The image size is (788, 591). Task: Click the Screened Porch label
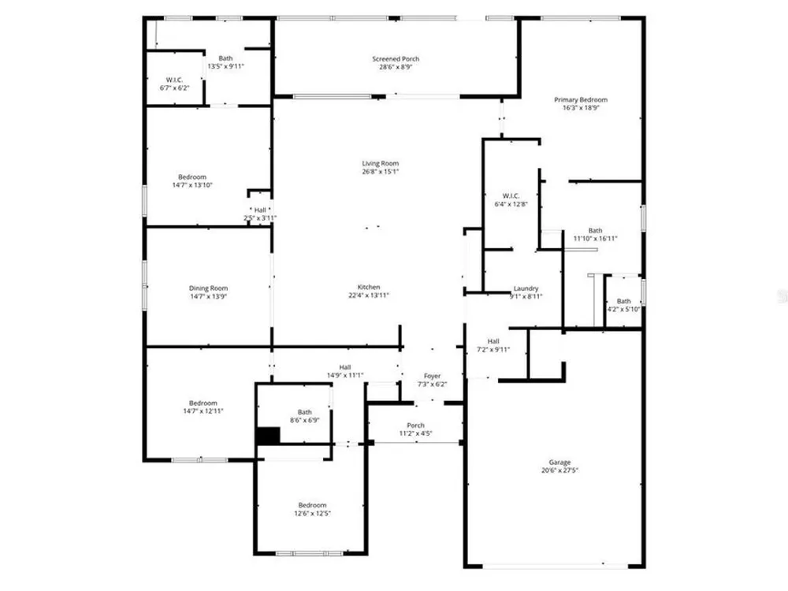point(396,59)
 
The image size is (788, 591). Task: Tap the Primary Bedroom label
point(581,99)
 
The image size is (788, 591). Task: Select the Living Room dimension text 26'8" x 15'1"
point(380,171)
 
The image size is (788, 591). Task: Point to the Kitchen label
point(369,287)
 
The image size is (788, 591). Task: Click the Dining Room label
point(208,288)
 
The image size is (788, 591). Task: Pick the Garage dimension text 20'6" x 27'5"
point(559,470)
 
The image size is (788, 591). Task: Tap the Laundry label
point(526,288)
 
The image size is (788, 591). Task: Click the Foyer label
point(432,376)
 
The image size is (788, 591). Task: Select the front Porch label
point(415,426)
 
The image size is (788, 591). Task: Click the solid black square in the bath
point(269,436)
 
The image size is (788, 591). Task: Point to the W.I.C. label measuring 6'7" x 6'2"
point(174,80)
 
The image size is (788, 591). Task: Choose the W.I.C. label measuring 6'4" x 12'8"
point(511,196)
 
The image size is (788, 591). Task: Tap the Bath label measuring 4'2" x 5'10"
point(623,301)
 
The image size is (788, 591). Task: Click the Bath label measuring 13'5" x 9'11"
point(225,58)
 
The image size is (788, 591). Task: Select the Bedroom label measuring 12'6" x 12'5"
point(312,505)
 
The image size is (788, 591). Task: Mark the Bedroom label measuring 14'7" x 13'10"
point(192,177)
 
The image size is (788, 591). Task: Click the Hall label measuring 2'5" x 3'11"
point(260,210)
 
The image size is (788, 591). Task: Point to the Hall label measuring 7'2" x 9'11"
point(493,341)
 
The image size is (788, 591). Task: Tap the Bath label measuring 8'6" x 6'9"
point(304,412)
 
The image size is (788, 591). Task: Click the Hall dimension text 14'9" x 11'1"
point(345,375)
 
